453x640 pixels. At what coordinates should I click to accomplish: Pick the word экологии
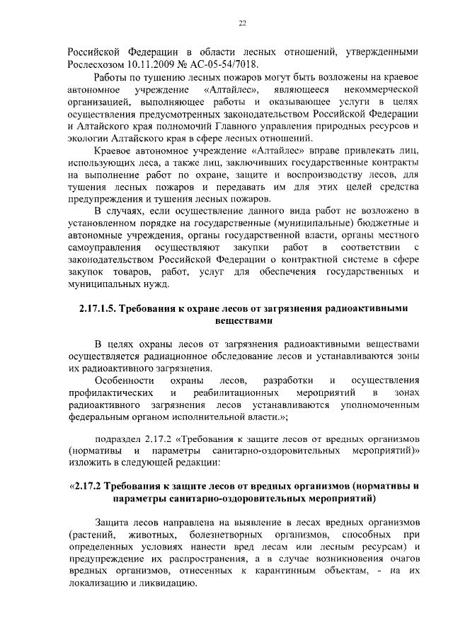89,139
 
